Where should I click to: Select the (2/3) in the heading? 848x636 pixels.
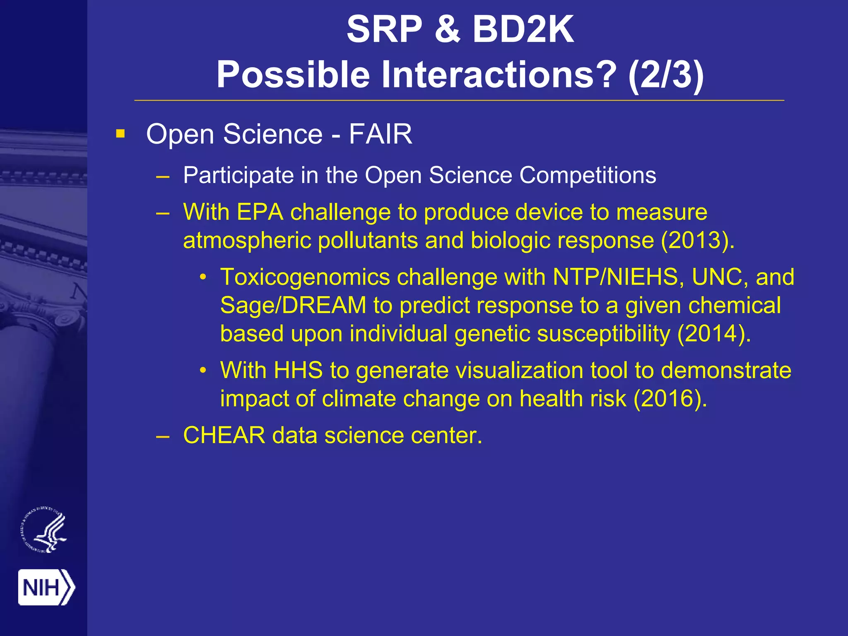(x=665, y=75)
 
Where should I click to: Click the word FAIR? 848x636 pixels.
(x=380, y=134)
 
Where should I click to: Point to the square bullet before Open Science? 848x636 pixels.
(x=120, y=134)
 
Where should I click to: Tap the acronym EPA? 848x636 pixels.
(x=260, y=212)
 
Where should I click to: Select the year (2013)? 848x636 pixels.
(x=697, y=240)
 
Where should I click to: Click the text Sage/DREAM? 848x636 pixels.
(x=293, y=305)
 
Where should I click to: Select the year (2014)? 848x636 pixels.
(x=713, y=334)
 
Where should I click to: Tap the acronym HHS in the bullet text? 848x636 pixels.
(x=298, y=370)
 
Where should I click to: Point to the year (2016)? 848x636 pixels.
(x=670, y=398)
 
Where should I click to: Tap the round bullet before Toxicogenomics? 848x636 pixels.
(x=203, y=277)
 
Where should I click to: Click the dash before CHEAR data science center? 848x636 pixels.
(x=163, y=436)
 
